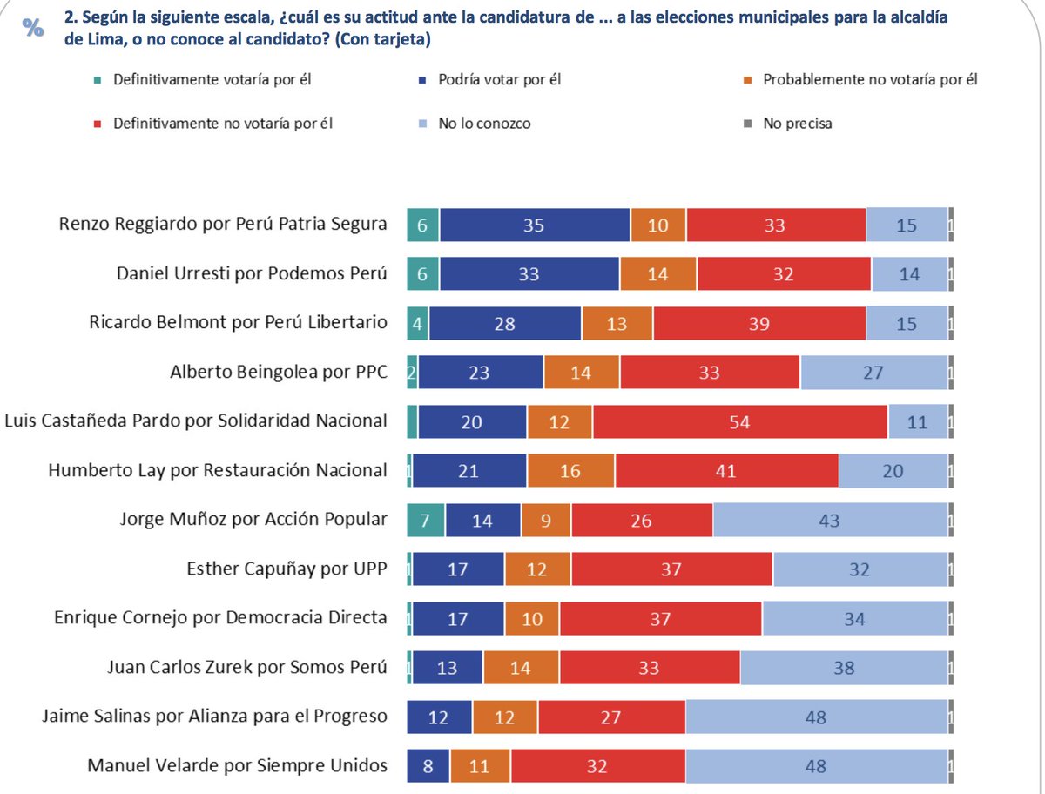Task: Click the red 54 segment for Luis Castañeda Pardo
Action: tap(740, 421)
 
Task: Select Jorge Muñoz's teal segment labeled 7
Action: tap(426, 520)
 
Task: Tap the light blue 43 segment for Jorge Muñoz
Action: tap(830, 520)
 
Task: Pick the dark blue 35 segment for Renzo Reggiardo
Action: tap(534, 225)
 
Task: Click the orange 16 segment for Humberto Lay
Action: tap(570, 471)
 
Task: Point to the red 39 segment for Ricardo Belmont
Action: tap(759, 323)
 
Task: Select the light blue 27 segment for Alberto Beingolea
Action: tap(873, 373)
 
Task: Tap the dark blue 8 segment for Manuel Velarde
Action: tap(428, 767)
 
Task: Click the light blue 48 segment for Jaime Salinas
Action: tap(816, 717)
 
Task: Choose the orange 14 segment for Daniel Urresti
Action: tap(658, 274)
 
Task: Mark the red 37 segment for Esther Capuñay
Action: tap(672, 569)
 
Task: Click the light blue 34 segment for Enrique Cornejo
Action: tap(854, 619)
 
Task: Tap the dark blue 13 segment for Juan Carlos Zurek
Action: tap(447, 669)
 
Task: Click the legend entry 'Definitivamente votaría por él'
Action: tap(212, 80)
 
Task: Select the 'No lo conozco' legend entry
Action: tap(483, 124)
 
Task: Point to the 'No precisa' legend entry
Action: tap(796, 124)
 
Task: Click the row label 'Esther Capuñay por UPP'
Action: tap(287, 569)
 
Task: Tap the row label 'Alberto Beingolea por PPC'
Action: tap(278, 373)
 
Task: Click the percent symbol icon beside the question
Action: tap(33, 28)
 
